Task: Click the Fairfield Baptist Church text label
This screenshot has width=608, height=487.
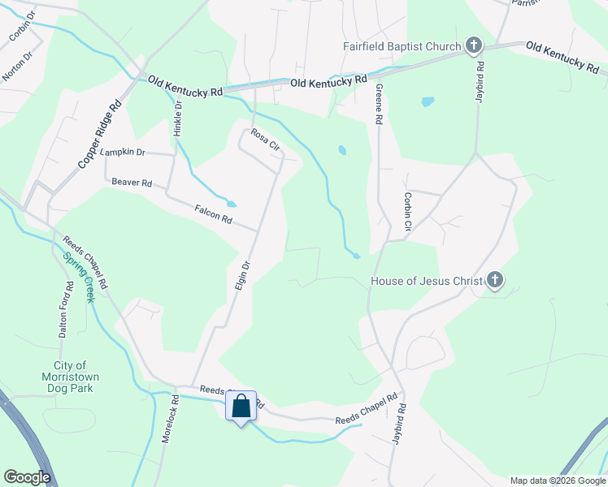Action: [402, 46]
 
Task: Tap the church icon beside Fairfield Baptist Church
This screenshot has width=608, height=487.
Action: [474, 46]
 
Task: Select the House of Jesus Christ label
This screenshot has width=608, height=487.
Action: [426, 282]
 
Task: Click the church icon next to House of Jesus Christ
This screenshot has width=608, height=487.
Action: [494, 282]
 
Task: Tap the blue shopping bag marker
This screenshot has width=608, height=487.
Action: [241, 407]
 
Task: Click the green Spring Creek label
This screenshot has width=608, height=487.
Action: [80, 278]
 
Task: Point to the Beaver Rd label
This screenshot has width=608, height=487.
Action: [132, 183]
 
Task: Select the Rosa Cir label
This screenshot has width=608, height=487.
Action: [265, 140]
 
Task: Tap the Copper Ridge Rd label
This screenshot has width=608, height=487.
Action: [100, 134]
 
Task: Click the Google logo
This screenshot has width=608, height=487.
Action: [27, 477]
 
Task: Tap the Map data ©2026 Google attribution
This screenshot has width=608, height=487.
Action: [557, 481]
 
